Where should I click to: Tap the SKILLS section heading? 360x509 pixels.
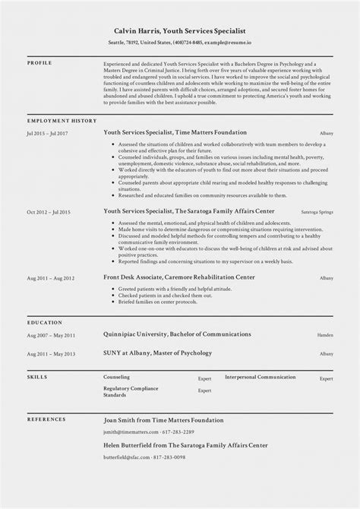point(37,376)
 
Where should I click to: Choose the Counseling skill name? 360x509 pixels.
point(117,376)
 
